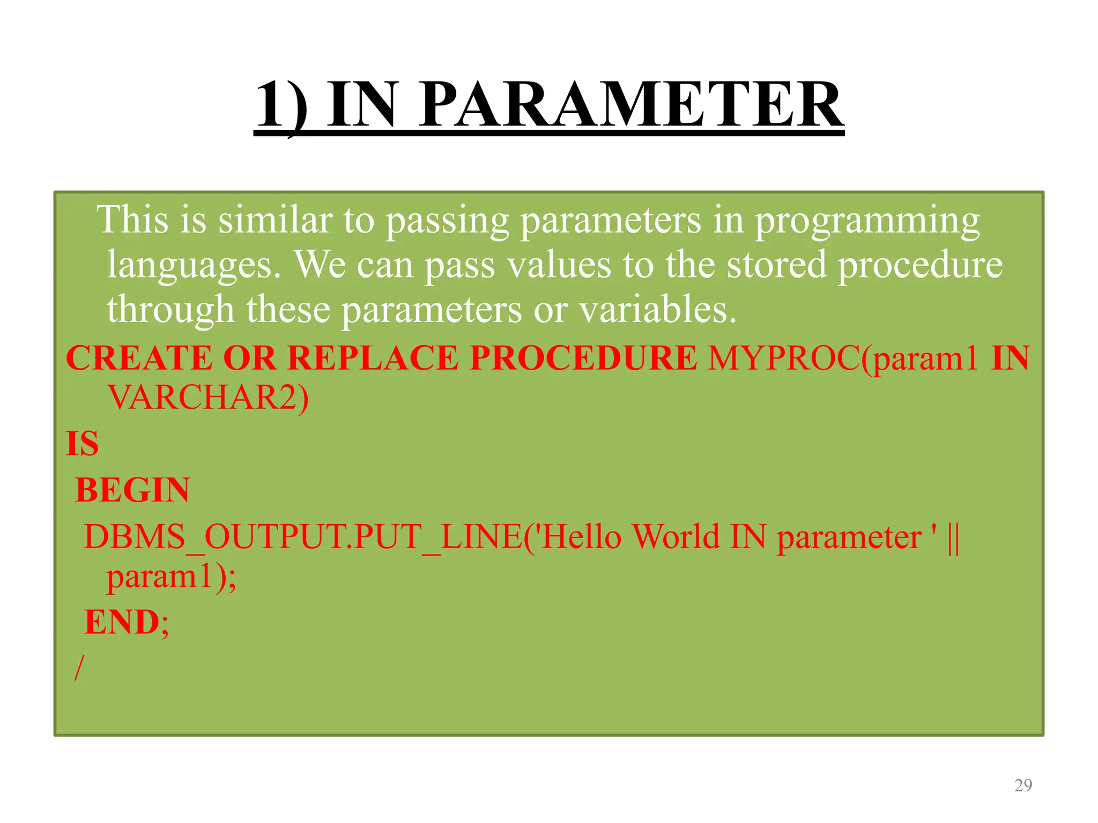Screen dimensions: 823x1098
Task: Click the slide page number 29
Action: [x=1023, y=785]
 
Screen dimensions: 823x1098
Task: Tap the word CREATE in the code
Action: [x=139, y=358]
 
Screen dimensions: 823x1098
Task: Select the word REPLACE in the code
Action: [x=373, y=358]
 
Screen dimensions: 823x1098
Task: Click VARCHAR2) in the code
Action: [x=208, y=398]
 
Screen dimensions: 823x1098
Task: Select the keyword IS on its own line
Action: [x=82, y=444]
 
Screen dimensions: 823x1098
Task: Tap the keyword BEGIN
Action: [x=132, y=490]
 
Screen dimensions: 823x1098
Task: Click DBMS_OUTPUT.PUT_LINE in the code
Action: [x=303, y=536]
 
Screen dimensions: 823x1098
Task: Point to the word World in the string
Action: [x=676, y=536]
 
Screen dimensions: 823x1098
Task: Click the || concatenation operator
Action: [x=953, y=536]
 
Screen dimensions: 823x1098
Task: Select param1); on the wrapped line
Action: [x=171, y=578]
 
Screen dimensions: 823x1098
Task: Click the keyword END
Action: [x=122, y=622]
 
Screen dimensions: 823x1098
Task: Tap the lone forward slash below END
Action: [x=79, y=668]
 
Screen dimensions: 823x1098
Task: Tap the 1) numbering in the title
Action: [x=281, y=104]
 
